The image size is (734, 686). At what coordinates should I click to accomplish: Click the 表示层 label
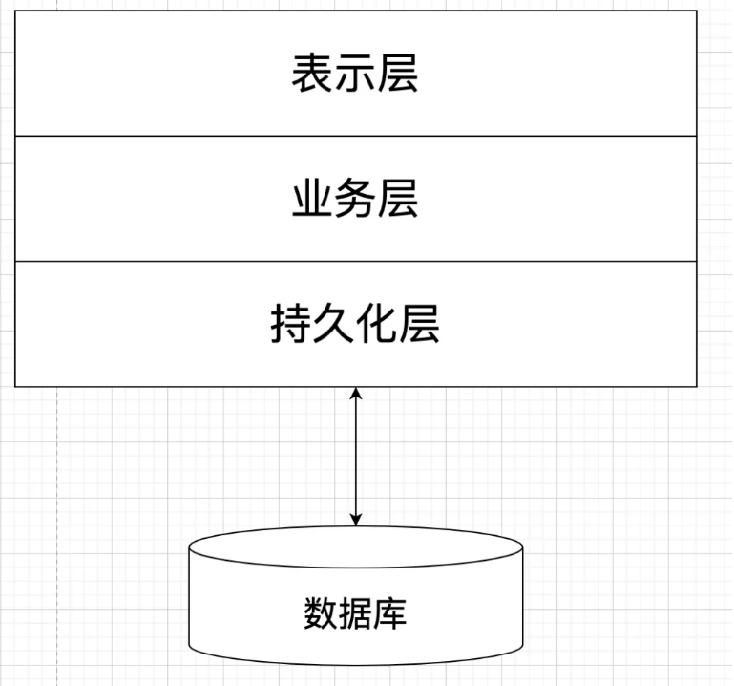354,75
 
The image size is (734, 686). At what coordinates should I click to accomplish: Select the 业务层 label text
354,200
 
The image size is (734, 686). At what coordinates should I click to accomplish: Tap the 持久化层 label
354,325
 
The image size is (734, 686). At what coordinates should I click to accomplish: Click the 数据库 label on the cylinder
355,612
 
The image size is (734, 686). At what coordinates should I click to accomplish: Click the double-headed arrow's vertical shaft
356,457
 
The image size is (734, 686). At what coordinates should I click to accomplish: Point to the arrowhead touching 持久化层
356,394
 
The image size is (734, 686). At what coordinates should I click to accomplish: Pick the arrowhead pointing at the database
356,519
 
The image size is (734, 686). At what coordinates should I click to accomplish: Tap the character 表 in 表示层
312,75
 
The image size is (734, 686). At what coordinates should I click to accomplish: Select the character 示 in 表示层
354,75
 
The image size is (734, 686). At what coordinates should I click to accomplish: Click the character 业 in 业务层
312,200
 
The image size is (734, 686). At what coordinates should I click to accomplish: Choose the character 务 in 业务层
354,200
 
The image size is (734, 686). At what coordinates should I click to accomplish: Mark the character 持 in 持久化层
290,325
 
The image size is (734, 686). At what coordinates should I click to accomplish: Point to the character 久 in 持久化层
333,325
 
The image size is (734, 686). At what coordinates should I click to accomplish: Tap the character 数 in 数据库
321,612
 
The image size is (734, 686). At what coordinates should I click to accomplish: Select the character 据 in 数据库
355,612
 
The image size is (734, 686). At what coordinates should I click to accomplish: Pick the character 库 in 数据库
389,612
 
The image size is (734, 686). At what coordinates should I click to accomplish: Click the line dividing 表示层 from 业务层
191,136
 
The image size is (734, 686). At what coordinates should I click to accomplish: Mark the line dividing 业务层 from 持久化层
191,261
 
